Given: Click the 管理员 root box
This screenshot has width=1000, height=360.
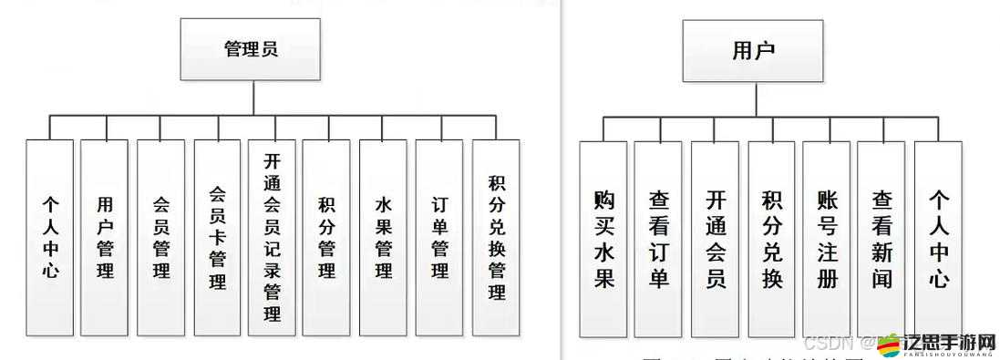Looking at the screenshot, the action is pyautogui.click(x=251, y=49).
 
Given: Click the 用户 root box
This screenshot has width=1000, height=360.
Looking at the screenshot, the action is pyautogui.click(x=753, y=49).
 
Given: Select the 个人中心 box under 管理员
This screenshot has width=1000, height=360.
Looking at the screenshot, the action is pyautogui.click(x=49, y=237).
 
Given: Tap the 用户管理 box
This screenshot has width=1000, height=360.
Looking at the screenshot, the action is pyautogui.click(x=105, y=237).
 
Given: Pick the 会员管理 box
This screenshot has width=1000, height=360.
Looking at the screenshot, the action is pyautogui.click(x=161, y=237).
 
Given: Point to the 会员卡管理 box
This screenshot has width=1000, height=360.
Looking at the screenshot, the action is pyautogui.click(x=217, y=237).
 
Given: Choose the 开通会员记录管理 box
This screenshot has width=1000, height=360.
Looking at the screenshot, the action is pyautogui.click(x=272, y=237).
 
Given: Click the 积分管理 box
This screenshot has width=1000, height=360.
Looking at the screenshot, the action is pyautogui.click(x=326, y=237).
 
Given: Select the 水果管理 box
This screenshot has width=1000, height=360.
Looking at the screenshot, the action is pyautogui.click(x=383, y=237).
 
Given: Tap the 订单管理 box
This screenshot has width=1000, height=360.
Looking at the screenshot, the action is pyautogui.click(x=439, y=237).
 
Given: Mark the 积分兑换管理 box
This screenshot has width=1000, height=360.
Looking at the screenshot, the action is pyautogui.click(x=496, y=237).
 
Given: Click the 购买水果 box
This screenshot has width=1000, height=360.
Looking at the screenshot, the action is pyautogui.click(x=603, y=239).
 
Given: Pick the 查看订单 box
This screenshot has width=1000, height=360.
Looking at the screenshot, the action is pyautogui.click(x=658, y=239).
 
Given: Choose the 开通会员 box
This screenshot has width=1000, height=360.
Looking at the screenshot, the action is pyautogui.click(x=715, y=239).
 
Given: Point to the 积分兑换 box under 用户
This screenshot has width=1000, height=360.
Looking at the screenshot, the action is pyautogui.click(x=771, y=239).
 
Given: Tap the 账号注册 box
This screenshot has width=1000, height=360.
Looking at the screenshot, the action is pyautogui.click(x=826, y=239).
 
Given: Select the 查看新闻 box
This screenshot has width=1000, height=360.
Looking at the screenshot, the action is pyautogui.click(x=881, y=239).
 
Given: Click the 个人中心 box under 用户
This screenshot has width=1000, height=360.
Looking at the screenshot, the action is pyautogui.click(x=938, y=239).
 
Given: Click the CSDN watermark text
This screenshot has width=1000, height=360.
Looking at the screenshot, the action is pyautogui.click(x=828, y=344).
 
